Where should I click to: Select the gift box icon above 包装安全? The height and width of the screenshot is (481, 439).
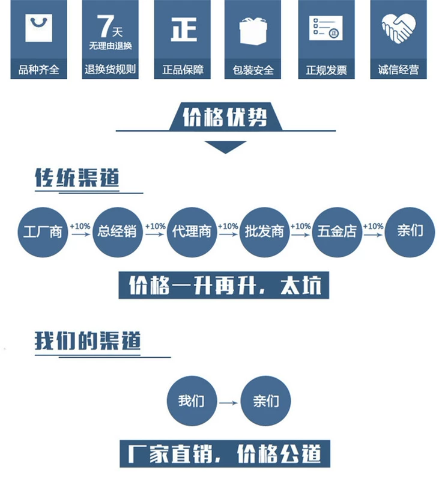[253, 29]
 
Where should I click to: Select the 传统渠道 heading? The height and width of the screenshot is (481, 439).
[77, 179]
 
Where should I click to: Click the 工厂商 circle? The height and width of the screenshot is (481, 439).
[43, 231]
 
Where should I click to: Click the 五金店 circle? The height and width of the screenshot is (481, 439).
[337, 231]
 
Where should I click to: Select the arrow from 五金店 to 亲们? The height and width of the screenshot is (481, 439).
[374, 236]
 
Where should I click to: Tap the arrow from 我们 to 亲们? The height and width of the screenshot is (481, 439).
[228, 402]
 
